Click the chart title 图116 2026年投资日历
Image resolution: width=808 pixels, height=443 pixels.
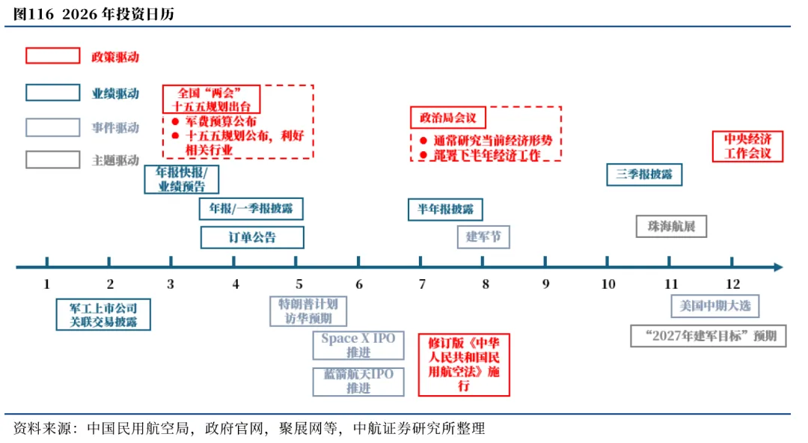[x=94, y=14]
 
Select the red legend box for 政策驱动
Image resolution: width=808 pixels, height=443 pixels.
[x=53, y=55]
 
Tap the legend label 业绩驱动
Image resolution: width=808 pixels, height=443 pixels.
[x=115, y=94]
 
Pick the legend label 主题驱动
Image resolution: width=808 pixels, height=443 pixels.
[x=115, y=160]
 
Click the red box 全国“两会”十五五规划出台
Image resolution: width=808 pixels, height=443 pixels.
[x=211, y=100]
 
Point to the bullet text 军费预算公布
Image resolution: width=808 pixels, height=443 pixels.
[x=221, y=122]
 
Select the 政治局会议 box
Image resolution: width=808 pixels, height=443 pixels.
[x=448, y=117]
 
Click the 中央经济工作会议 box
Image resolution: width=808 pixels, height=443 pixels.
[x=747, y=147]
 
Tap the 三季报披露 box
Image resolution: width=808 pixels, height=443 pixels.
[x=644, y=174]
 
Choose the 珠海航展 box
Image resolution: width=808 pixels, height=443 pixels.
[x=671, y=227]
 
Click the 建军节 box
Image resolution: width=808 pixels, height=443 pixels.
[x=483, y=236]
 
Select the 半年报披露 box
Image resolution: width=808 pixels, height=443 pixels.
[x=445, y=210]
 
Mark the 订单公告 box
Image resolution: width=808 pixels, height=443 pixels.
[x=252, y=237]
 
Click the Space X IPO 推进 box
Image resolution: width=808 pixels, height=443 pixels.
[x=358, y=346]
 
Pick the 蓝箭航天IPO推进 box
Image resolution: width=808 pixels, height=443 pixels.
[x=358, y=382]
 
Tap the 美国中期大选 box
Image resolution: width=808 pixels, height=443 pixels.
[x=714, y=306]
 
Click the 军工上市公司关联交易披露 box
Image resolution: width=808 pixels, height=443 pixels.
[x=103, y=314]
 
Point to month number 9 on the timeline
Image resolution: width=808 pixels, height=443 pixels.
[x=545, y=284]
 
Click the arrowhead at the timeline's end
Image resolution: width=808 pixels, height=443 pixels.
[x=778, y=267]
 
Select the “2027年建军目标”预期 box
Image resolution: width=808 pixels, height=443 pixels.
[x=708, y=336]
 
